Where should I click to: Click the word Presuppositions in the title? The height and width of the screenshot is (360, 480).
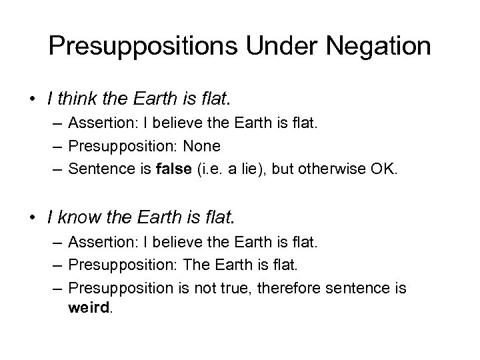132,46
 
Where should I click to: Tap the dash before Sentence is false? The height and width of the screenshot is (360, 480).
55,168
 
